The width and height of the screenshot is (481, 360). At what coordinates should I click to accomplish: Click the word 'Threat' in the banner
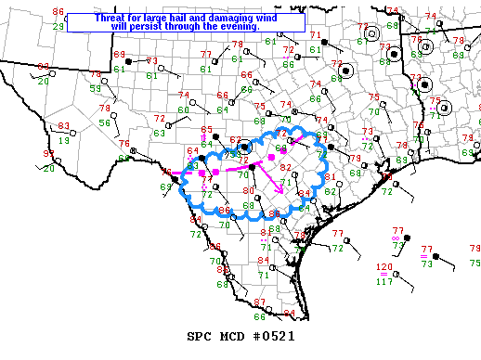click(113, 17)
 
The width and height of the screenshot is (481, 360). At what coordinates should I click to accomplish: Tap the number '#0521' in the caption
click(271, 336)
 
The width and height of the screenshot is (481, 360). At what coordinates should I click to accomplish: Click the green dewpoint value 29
click(58, 26)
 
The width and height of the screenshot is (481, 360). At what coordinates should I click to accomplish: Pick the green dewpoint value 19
click(64, 139)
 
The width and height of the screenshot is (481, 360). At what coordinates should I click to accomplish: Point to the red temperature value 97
click(49, 153)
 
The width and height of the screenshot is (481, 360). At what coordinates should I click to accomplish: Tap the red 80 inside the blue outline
click(248, 191)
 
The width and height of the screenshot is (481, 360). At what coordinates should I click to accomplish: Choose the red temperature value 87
click(259, 302)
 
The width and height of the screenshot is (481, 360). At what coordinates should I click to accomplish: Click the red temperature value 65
click(207, 130)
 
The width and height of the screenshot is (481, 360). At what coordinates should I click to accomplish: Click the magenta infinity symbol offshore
click(396, 238)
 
